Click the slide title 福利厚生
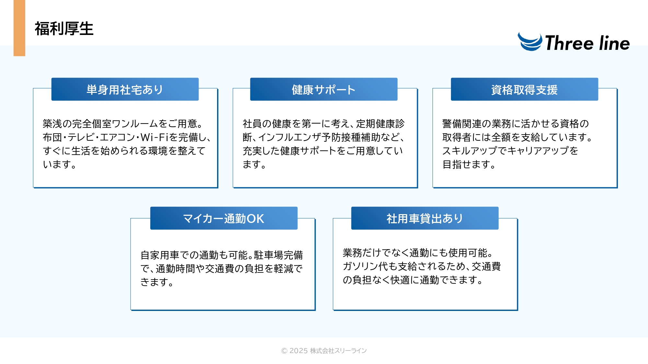(x=64, y=29)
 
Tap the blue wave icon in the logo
(x=530, y=42)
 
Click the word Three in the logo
(x=569, y=43)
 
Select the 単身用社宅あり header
(x=125, y=89)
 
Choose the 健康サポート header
(x=324, y=89)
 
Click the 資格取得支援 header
(x=525, y=89)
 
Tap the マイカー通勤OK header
(x=224, y=218)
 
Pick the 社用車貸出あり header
(x=425, y=218)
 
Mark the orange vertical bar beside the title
(x=19, y=28)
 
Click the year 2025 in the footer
(x=298, y=351)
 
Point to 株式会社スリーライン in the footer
(x=338, y=351)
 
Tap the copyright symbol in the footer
(x=284, y=351)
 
